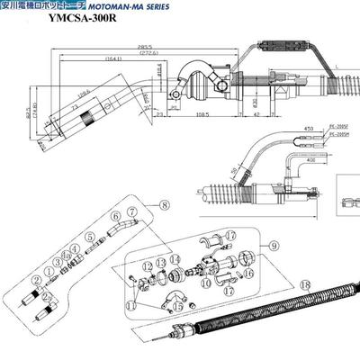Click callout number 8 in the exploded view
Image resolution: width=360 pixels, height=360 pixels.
pos(163,204)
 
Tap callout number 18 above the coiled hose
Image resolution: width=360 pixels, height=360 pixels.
pos(304,284)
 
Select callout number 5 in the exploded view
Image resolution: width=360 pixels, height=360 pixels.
pos(90,237)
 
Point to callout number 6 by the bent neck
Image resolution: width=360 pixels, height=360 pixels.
pos(116,215)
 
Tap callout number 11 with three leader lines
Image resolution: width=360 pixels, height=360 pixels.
pos(131,306)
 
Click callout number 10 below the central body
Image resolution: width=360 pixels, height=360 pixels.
pos(205,283)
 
